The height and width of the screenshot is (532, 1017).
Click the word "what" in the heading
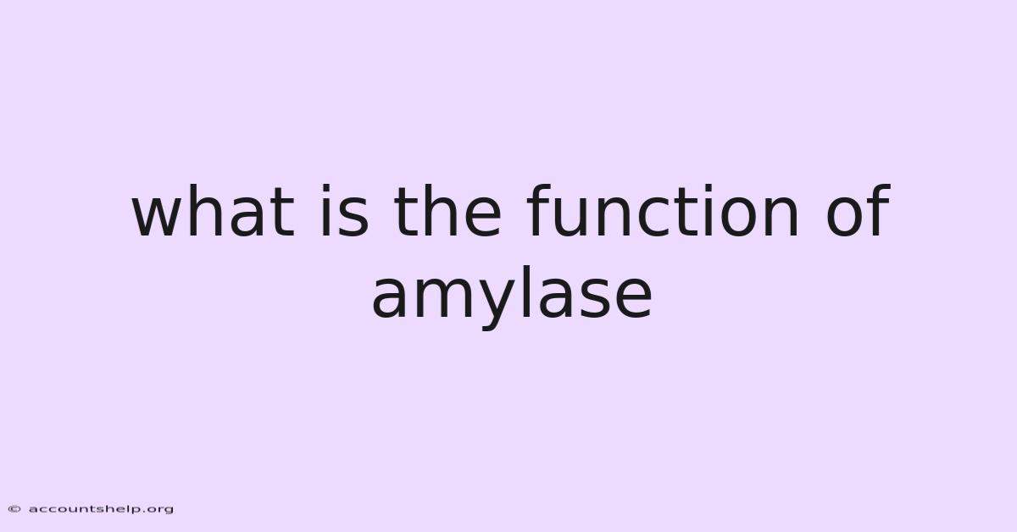(214, 211)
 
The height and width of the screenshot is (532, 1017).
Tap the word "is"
(345, 211)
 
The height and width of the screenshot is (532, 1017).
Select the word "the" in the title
(447, 211)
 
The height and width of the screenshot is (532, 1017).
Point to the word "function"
(663, 211)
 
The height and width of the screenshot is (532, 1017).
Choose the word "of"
(858, 211)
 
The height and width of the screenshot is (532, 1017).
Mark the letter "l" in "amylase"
(527, 292)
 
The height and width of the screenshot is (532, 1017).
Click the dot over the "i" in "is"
(325, 188)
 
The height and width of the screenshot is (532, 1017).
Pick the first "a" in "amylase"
(389, 298)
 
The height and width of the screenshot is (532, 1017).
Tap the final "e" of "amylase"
(635, 298)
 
